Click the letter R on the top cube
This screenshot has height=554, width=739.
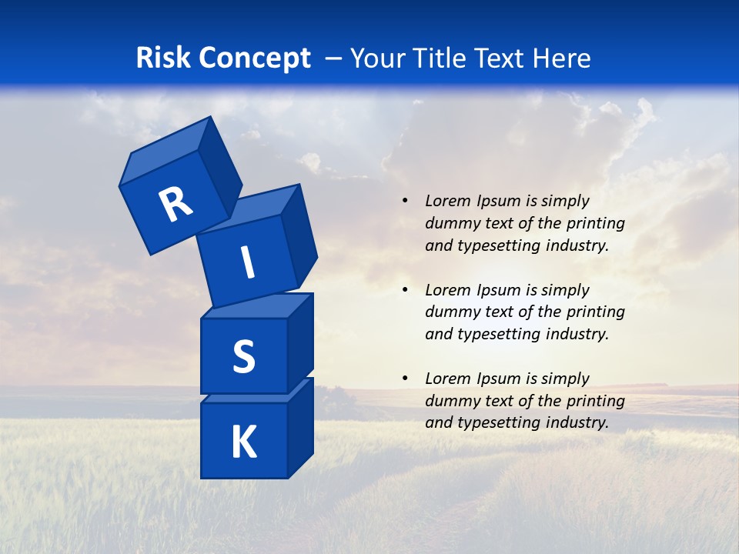(x=176, y=204)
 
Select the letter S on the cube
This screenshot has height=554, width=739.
(x=244, y=357)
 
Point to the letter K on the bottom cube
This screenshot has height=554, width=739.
(x=244, y=442)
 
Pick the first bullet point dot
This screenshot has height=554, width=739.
(x=405, y=201)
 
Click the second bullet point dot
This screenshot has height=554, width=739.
(x=405, y=290)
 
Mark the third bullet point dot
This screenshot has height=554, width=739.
(x=405, y=379)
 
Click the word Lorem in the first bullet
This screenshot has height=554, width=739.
(x=446, y=201)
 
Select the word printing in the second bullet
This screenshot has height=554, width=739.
(x=596, y=312)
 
